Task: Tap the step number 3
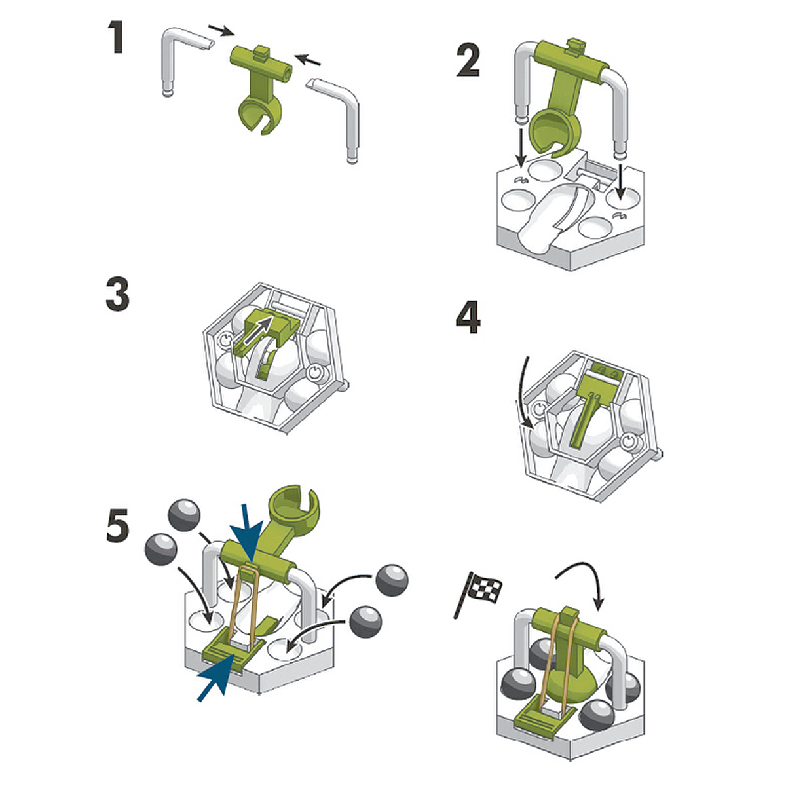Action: pos(117,294)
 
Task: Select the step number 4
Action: pos(468,318)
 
